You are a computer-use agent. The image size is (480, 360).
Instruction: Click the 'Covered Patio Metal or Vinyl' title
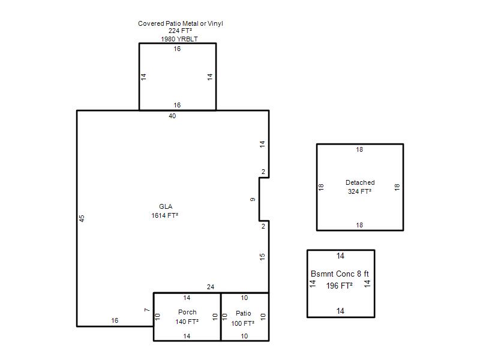pos(181,23)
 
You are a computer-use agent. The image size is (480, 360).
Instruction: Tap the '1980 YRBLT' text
pos(179,39)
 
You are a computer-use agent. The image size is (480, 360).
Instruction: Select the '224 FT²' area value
pos(180,31)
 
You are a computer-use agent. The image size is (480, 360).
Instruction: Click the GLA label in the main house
pos(166,206)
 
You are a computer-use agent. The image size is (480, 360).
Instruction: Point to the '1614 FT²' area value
pos(164,215)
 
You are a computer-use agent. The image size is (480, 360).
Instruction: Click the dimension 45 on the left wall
pos(82,218)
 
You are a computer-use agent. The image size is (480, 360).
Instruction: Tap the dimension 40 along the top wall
pos(172,116)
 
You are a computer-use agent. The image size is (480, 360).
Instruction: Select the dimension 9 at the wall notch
pos(253,200)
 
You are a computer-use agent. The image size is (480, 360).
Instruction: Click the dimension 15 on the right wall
pos(262,257)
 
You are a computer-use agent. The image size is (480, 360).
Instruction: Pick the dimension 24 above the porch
pos(211,287)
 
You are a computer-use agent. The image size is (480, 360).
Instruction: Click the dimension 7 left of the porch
pos(147,310)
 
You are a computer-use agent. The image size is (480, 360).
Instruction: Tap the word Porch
pos(187,312)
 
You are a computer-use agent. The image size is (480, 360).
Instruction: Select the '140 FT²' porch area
pos(187,322)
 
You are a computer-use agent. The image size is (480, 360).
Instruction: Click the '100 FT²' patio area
pos(243,323)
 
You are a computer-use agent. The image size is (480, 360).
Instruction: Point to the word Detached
pos(360,183)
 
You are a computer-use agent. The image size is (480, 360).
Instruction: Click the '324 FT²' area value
pos(359,191)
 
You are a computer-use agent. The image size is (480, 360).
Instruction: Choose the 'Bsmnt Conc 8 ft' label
pos(340,274)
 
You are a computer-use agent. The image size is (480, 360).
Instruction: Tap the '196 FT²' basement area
pos(339,286)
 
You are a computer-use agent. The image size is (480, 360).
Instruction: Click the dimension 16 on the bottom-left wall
pos(115,321)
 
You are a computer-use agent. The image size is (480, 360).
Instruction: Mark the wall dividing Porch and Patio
pos(221,317)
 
